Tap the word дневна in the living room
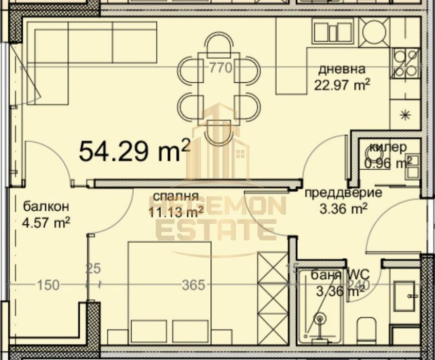[341, 69]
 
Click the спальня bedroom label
[173, 196]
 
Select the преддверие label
[343, 193]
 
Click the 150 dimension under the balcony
[47, 284]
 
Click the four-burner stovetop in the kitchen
[405, 63]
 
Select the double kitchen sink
[333, 30]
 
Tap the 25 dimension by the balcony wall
[93, 268]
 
